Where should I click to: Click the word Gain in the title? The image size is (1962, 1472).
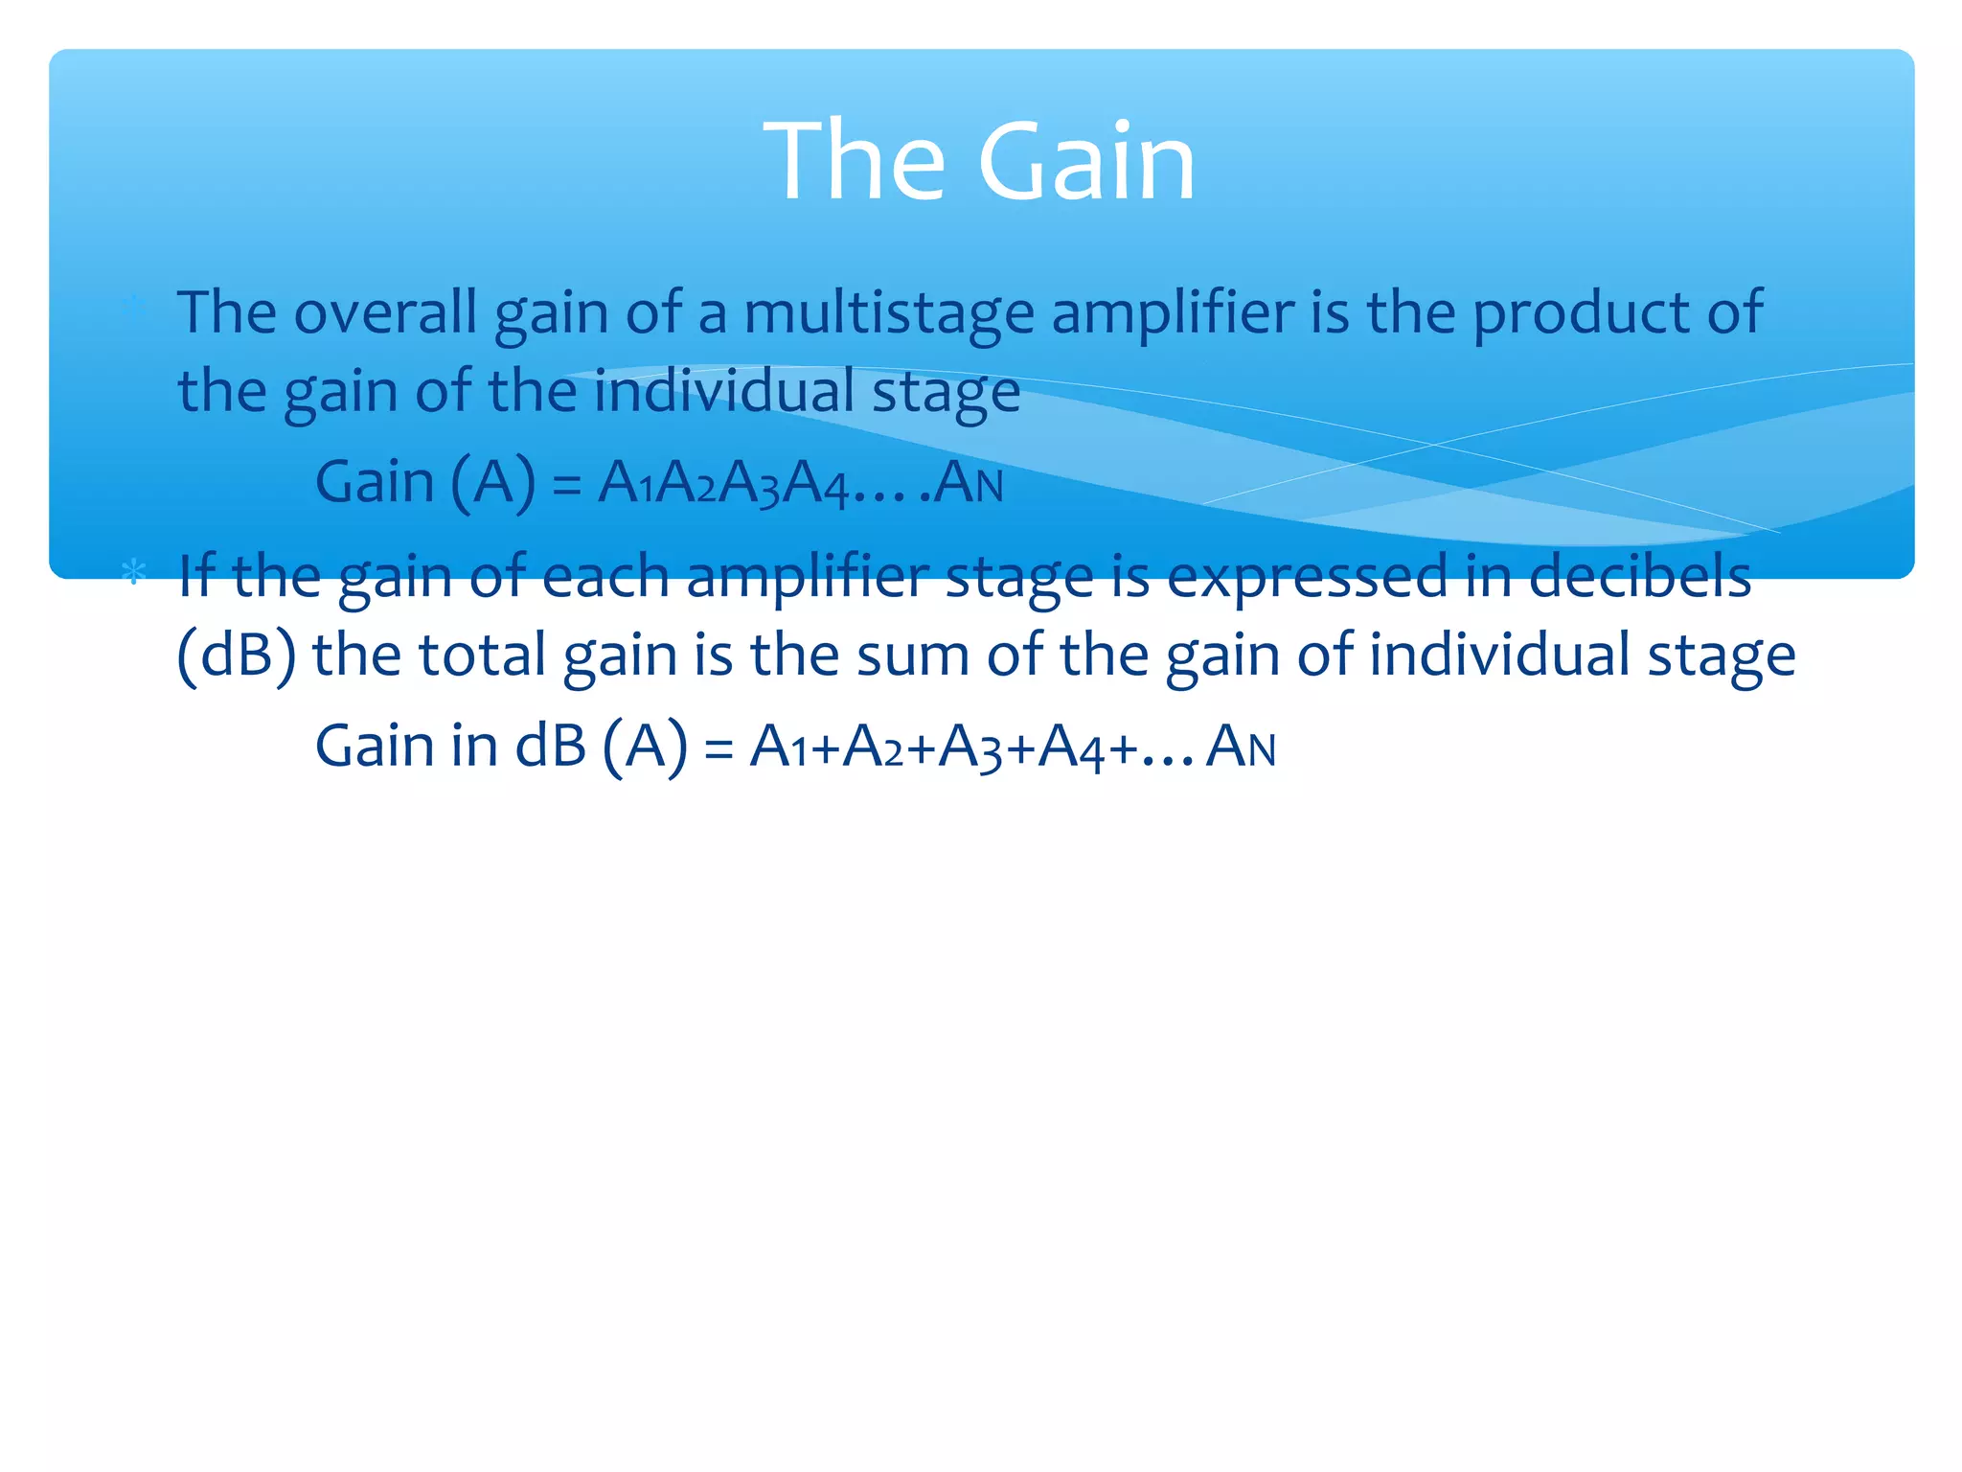tap(1086, 161)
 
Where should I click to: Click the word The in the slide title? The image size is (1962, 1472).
tap(855, 161)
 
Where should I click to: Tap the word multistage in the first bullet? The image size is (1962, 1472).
tap(889, 314)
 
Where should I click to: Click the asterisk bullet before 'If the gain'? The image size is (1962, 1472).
tap(133, 574)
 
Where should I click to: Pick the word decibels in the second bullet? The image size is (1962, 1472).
tap(1639, 577)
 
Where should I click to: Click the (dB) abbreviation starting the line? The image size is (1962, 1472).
tap(237, 656)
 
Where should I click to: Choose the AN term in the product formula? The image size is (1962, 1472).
tap(969, 483)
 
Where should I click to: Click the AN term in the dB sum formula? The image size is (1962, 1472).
tap(1241, 747)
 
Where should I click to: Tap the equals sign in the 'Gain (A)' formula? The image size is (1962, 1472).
tap(567, 485)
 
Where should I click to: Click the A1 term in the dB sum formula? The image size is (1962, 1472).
tap(778, 747)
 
